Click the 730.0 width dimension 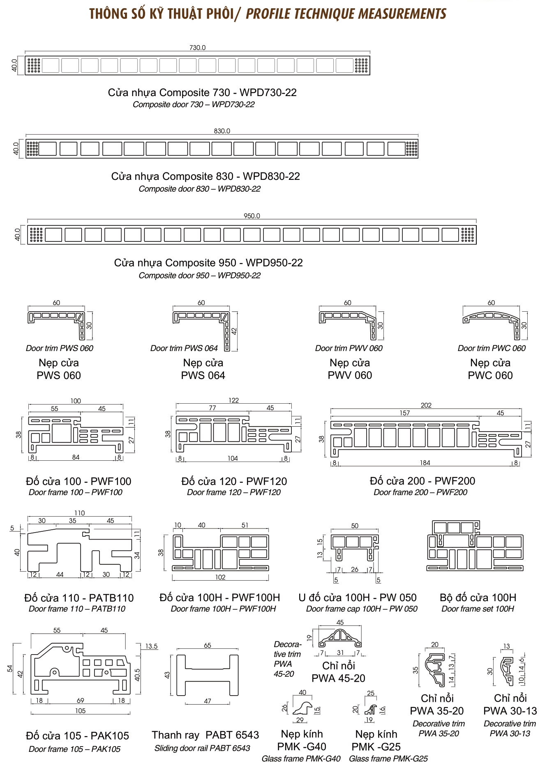click(197, 48)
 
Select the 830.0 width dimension click(222, 131)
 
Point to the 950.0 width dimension click(252, 216)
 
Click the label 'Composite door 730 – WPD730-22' click(193, 105)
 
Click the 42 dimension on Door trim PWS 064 click(234, 331)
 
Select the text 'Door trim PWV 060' click(349, 348)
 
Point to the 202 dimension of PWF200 click(426, 405)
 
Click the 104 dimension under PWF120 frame click(233, 458)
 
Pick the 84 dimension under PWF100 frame click(76, 457)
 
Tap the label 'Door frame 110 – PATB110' click(77, 609)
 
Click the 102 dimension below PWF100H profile click(220, 577)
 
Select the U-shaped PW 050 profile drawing click(354, 546)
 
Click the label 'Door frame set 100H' click(478, 609)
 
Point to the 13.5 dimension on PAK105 click(151, 646)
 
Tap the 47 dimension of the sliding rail click(208, 701)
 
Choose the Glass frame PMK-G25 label click(388, 758)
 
